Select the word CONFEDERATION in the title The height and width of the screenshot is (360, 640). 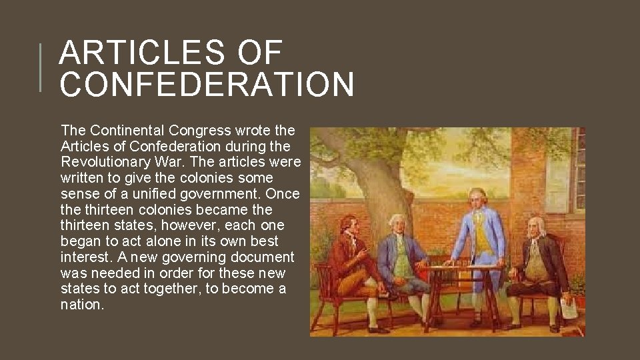207,85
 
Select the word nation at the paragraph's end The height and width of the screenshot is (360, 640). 81,305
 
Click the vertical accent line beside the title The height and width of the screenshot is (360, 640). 41,67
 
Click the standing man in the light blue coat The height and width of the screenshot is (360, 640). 479,227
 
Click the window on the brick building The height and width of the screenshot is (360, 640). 577,167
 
